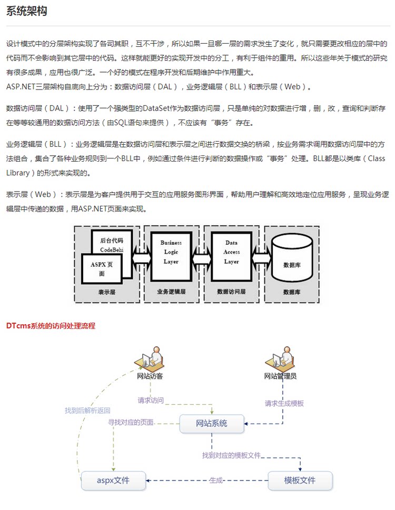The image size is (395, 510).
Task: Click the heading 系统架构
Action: coord(27,11)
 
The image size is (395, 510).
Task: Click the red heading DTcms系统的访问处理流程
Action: coord(51,326)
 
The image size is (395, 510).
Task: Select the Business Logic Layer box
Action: coord(171,253)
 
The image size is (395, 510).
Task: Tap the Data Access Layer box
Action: coord(232,253)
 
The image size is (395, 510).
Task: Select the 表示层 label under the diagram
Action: coord(106,292)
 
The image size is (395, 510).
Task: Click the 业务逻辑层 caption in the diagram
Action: coord(171,292)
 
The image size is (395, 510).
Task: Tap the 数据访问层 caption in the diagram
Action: coord(232,292)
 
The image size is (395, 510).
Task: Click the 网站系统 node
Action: coord(212,423)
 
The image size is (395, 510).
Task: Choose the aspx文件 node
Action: coord(113,480)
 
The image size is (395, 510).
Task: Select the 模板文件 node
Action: coord(300,480)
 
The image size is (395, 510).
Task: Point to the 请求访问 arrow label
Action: coord(151,400)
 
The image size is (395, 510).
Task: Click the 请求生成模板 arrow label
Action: coord(284,404)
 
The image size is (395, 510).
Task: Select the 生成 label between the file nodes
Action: coord(216,480)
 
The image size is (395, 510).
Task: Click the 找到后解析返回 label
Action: coord(87,411)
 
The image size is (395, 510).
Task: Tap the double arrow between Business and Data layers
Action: coord(202,259)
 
